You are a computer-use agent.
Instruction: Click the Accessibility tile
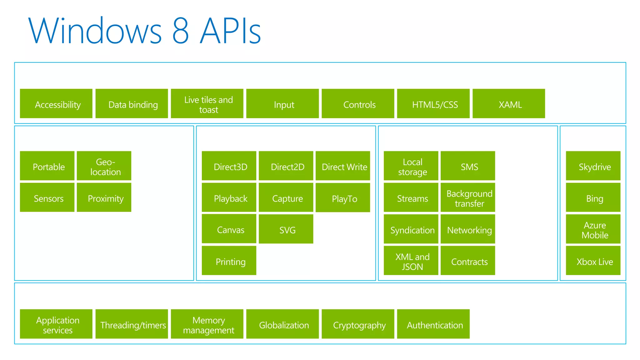click(56, 103)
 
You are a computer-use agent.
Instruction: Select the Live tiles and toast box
click(207, 103)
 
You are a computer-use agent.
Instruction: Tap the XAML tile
click(509, 103)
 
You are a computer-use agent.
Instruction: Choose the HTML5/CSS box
click(433, 103)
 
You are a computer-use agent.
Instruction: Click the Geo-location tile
click(104, 166)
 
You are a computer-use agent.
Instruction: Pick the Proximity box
click(104, 197)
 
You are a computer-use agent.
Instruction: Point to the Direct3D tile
click(229, 166)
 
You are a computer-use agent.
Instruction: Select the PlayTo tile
click(343, 197)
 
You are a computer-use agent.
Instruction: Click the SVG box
click(286, 229)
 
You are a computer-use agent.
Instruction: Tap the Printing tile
click(229, 261)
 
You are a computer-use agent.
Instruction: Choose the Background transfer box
click(468, 197)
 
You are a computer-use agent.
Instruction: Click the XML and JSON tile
click(411, 261)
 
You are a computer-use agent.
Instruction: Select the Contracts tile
click(468, 261)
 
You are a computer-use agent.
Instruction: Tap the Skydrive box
click(593, 166)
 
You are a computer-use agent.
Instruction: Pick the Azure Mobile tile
click(593, 229)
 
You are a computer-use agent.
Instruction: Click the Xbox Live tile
click(593, 261)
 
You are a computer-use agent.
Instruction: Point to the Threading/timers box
click(132, 324)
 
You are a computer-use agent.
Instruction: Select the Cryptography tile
click(358, 324)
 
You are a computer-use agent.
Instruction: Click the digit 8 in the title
click(181, 31)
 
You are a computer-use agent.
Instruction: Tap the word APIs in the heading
click(230, 31)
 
